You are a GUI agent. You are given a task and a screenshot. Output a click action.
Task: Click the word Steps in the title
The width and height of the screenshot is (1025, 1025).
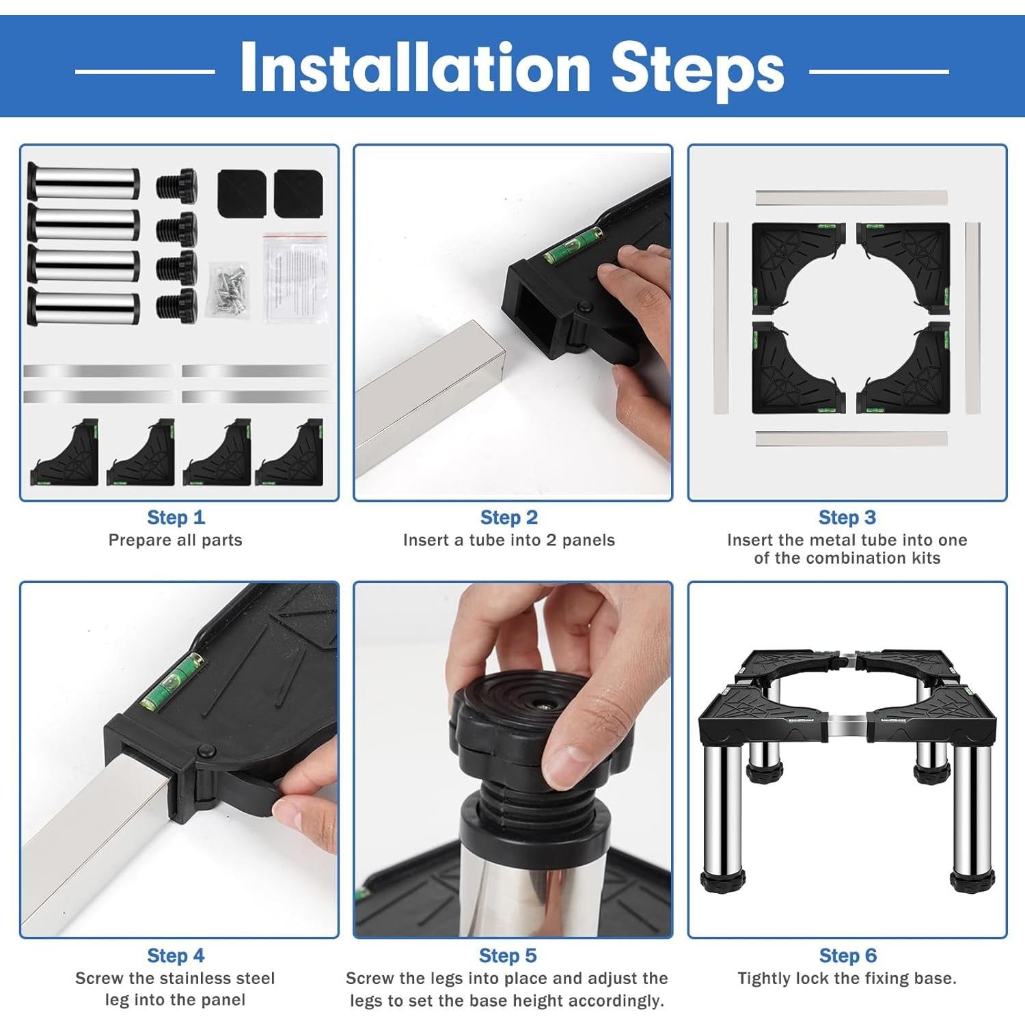click(698, 69)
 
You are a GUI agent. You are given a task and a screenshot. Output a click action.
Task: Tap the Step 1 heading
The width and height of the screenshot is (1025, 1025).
click(176, 517)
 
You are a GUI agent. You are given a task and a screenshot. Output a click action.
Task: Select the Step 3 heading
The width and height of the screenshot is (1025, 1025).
click(847, 517)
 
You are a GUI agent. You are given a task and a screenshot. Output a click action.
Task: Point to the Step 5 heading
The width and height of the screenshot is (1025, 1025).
click(508, 955)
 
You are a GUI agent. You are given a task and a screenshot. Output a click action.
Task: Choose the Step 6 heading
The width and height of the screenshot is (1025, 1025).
click(847, 955)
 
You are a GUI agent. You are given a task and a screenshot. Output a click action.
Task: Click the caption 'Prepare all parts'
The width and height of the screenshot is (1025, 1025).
click(176, 540)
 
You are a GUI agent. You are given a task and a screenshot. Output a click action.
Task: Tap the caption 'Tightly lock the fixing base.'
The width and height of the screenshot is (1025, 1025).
click(847, 979)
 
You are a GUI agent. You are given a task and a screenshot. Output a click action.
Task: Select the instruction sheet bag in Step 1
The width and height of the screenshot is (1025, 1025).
click(296, 278)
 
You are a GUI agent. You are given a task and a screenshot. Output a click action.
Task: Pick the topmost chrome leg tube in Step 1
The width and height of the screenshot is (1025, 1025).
click(83, 182)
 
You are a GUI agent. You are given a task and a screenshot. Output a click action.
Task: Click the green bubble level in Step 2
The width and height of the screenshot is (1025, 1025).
click(574, 247)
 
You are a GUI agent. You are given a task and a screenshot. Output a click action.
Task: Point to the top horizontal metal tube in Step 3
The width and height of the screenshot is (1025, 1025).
click(851, 198)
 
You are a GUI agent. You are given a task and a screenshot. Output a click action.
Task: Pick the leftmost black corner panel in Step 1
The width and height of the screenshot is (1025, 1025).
click(64, 452)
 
